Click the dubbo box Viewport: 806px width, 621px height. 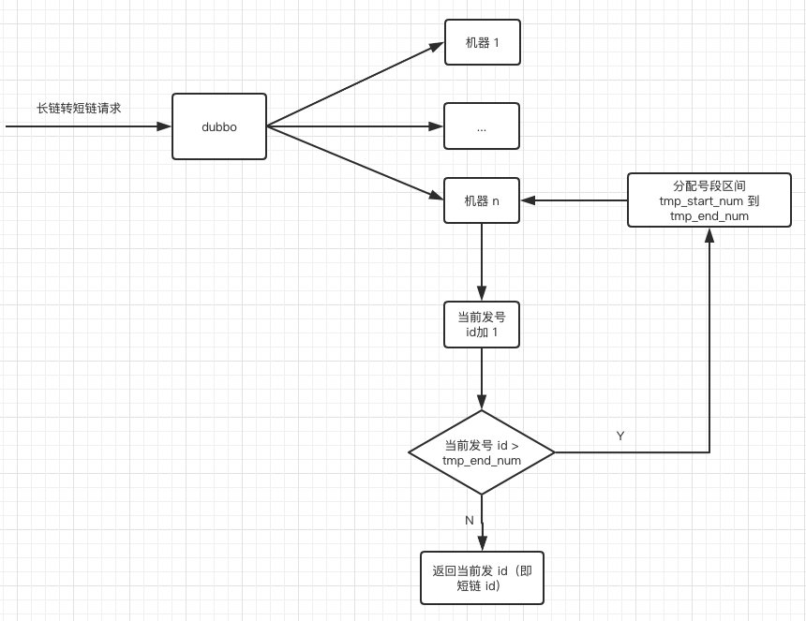pos(218,126)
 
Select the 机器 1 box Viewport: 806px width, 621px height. pos(482,43)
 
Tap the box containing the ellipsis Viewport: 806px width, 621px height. pos(482,126)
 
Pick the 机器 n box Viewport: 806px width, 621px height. pos(482,200)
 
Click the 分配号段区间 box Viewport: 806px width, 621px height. pos(709,200)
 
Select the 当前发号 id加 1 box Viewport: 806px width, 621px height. pos(482,324)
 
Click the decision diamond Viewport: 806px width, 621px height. pos(482,452)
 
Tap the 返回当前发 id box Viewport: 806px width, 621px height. pos(482,578)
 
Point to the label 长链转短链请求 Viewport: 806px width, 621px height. pos(79,109)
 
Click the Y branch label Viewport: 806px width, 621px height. pos(620,436)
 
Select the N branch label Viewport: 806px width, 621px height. pos(470,520)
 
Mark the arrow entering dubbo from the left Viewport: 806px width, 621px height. pos(89,126)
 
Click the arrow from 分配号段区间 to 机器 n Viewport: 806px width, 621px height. pos(574,200)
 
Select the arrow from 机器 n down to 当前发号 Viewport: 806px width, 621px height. pos(482,261)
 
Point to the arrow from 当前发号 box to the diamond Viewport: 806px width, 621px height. pos(482,378)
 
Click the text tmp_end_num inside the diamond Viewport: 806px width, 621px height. pos(482,461)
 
